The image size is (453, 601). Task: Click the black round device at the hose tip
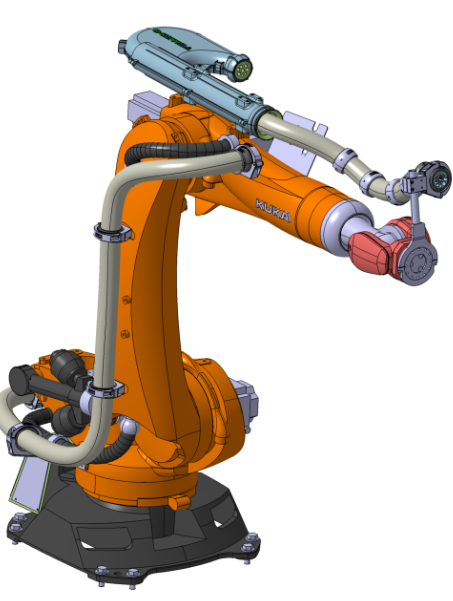pyautogui.click(x=436, y=178)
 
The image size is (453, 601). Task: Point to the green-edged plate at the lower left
pyautogui.click(x=22, y=479)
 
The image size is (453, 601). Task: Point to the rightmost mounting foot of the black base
pyautogui.click(x=250, y=544)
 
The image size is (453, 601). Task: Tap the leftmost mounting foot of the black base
pyautogui.click(x=16, y=523)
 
